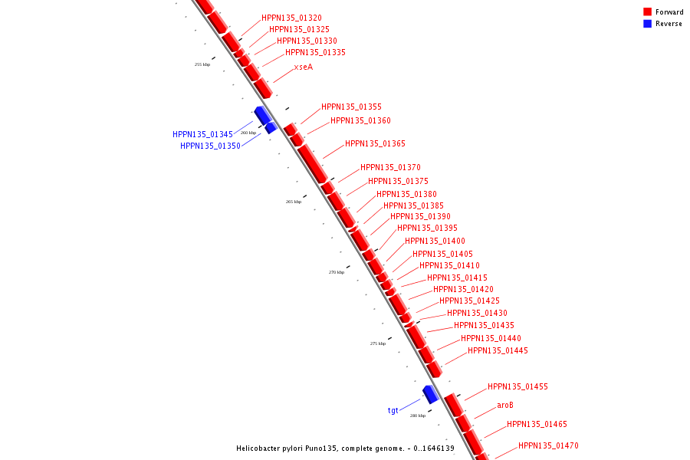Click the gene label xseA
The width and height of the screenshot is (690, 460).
click(x=304, y=67)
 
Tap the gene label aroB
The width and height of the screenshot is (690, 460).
click(x=505, y=405)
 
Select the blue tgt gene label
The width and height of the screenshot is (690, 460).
click(x=393, y=411)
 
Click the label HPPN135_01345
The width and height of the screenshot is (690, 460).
click(x=202, y=134)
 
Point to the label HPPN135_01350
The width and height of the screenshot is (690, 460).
click(x=210, y=146)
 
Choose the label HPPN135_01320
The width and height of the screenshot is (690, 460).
click(x=291, y=18)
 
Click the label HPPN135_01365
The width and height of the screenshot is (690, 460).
click(x=375, y=143)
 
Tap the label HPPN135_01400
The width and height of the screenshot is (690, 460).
click(x=435, y=241)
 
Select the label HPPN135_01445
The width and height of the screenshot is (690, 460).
click(x=498, y=350)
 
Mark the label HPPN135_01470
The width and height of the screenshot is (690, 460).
click(x=548, y=445)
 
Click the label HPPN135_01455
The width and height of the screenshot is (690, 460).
click(x=517, y=386)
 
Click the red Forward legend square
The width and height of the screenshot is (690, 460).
click(x=648, y=11)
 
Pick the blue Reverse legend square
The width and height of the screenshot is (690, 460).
click(x=648, y=24)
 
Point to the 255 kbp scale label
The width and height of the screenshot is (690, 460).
click(x=202, y=64)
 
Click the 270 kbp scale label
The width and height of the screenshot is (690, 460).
click(x=337, y=272)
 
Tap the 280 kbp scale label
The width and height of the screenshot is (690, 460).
click(x=418, y=416)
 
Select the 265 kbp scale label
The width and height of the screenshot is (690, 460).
click(x=294, y=202)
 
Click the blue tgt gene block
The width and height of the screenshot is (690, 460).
click(x=430, y=394)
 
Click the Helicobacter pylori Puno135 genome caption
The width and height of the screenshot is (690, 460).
click(x=345, y=449)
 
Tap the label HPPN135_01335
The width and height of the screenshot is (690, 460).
click(x=315, y=52)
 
